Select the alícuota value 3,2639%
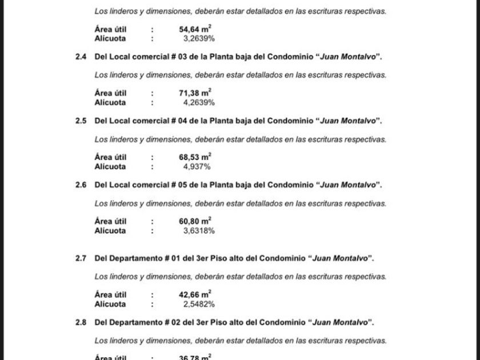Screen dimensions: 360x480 [x=199, y=39]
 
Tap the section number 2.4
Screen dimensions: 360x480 [x=81, y=57]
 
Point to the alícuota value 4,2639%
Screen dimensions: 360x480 [x=199, y=103]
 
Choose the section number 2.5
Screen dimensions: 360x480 [x=81, y=121]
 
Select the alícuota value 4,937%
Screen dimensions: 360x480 [x=197, y=167]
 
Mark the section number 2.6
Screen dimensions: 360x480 [x=81, y=185]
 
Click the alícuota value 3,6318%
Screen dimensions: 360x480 [x=199, y=231]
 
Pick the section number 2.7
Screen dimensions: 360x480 [x=81, y=258]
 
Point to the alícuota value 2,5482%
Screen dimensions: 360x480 [x=199, y=304]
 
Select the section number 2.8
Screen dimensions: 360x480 [x=81, y=322]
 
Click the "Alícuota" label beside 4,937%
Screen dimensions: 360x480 [x=110, y=167]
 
